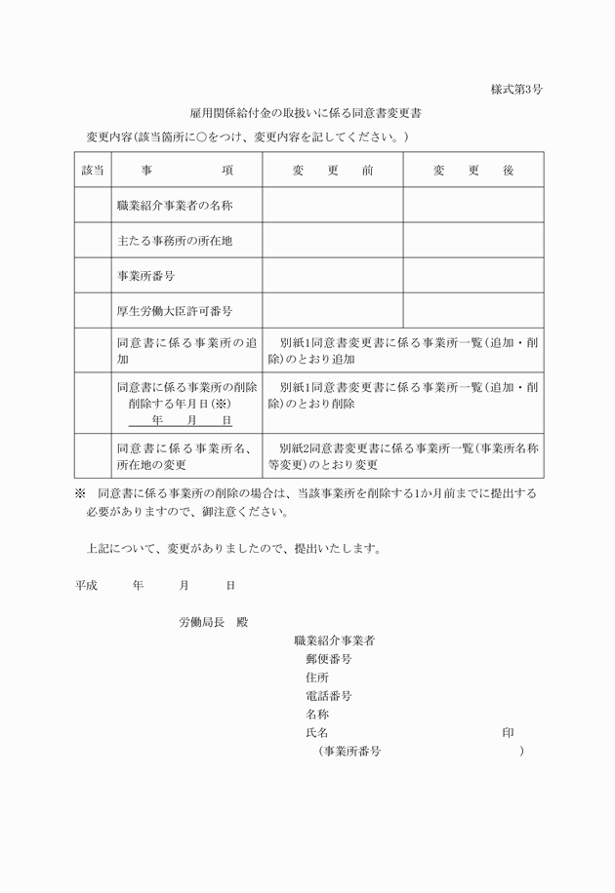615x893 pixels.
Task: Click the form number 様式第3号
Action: [x=516, y=90]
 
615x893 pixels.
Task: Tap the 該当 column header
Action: [x=92, y=171]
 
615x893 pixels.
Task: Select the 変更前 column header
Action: [x=332, y=171]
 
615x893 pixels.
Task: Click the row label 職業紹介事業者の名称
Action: [x=174, y=206]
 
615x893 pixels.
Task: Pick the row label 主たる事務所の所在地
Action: [x=174, y=241]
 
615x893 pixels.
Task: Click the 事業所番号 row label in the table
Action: [x=145, y=276]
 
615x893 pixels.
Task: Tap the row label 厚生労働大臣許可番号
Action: [x=174, y=311]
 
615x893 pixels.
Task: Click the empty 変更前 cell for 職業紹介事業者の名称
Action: [x=332, y=206]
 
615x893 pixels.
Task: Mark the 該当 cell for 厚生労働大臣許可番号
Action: [x=92, y=311]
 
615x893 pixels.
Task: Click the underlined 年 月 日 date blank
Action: [x=181, y=420]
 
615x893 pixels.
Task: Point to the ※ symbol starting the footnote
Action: [x=81, y=493]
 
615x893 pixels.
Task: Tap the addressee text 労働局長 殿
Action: [x=214, y=622]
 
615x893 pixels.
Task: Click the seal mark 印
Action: [x=508, y=732]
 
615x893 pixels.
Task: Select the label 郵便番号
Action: [x=328, y=659]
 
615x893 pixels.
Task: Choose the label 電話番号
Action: [x=328, y=696]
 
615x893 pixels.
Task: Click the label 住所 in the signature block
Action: [x=316, y=678]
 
